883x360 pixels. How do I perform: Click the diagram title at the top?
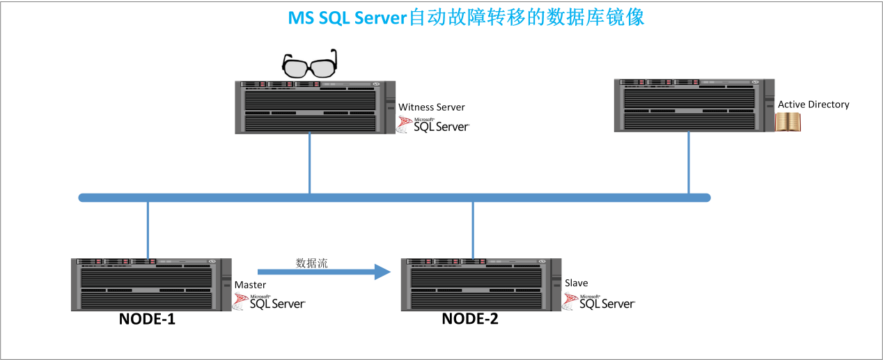pos(466,17)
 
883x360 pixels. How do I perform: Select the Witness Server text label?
pos(431,107)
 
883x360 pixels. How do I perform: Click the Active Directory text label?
pos(813,104)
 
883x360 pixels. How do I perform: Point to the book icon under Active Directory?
pos(790,123)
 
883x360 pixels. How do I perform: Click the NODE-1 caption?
pos(148,320)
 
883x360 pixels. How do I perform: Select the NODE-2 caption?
pos(470,319)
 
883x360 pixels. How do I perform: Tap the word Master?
pos(250,285)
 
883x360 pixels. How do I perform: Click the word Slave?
pos(576,283)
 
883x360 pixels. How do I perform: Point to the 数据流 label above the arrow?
pos(311,263)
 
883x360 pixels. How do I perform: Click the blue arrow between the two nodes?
pos(323,272)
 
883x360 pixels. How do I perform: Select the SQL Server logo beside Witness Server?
pos(433,125)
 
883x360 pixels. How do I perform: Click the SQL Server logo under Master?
pos(269,302)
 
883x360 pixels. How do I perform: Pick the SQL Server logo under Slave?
pos(599,302)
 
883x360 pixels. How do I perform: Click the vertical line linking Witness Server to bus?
pos(309,163)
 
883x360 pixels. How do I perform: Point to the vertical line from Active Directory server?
pos(689,162)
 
